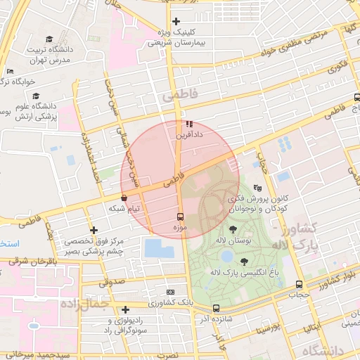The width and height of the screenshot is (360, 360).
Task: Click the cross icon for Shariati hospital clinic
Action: point(176,22)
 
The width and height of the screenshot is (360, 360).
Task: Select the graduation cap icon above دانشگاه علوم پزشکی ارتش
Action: point(36,96)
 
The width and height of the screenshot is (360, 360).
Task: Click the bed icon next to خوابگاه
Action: point(9,72)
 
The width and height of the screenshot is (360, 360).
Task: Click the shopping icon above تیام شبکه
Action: point(124,199)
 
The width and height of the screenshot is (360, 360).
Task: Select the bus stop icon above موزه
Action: point(179,217)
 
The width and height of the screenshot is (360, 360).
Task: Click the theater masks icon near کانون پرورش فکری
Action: point(258,188)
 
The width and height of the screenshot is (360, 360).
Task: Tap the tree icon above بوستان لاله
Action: point(233,229)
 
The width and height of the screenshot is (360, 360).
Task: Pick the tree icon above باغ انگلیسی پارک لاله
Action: point(244,262)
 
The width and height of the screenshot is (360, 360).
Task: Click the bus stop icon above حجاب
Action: point(300,285)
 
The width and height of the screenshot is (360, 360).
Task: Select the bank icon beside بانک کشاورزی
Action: point(170,292)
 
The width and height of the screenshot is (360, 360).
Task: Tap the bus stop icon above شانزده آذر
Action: point(216,308)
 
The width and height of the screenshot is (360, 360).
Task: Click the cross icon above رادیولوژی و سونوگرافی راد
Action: point(125,309)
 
